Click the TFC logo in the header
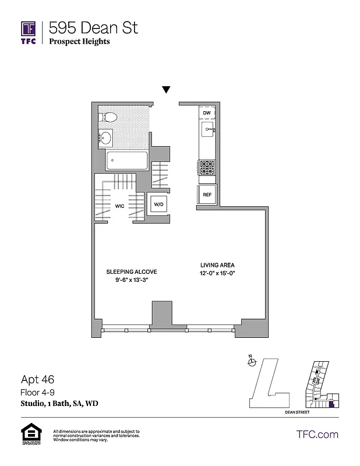coord(28,32)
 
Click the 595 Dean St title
coord(94,27)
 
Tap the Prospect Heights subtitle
coord(79,41)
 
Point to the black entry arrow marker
coord(166,90)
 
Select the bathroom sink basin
coord(106,139)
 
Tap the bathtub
coord(126,161)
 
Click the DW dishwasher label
coord(207,112)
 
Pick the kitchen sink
coord(208,128)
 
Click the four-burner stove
coord(207,168)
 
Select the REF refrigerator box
coord(207,195)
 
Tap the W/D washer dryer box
coord(158,204)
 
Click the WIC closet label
coord(120,206)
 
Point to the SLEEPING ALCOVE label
coord(131,272)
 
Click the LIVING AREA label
coord(214,264)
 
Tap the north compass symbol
coord(250,362)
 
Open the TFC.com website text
coord(317,434)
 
